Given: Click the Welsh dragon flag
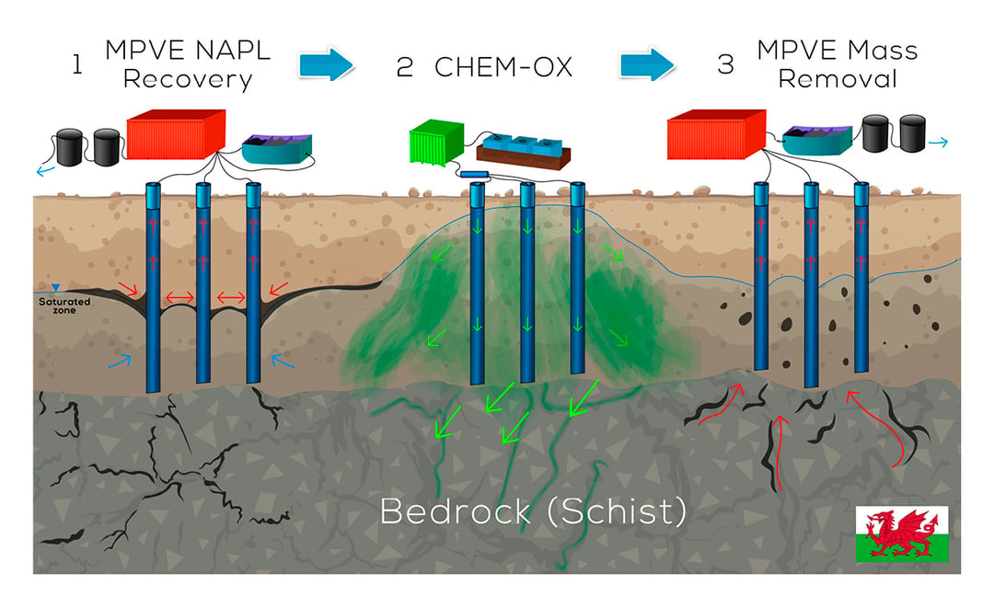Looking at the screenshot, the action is pyautogui.click(x=901, y=533).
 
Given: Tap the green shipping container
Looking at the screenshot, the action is pyautogui.click(x=437, y=142).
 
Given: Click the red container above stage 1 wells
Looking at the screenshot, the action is pyautogui.click(x=176, y=133).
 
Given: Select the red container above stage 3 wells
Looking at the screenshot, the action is pyautogui.click(x=716, y=133).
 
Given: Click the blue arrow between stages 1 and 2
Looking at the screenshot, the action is pyautogui.click(x=326, y=64).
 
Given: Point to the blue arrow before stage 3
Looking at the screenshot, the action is pyautogui.click(x=647, y=64).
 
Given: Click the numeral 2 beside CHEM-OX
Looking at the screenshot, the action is pyautogui.click(x=405, y=67).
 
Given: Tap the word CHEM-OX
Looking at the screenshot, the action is pyautogui.click(x=503, y=67).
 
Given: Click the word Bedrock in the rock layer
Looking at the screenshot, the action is pyautogui.click(x=455, y=511).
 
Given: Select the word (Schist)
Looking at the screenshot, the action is pyautogui.click(x=616, y=511).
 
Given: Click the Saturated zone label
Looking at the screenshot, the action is pyautogui.click(x=64, y=306).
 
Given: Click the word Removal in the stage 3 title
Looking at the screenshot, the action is pyautogui.click(x=838, y=79).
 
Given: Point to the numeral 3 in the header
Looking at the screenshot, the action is pyautogui.click(x=726, y=64).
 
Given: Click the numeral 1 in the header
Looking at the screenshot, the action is pyautogui.click(x=77, y=64).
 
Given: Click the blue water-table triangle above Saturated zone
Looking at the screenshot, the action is pyautogui.click(x=56, y=288).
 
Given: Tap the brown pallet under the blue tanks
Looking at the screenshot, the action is pyautogui.click(x=524, y=157).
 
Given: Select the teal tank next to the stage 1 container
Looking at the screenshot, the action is pyautogui.click(x=277, y=149).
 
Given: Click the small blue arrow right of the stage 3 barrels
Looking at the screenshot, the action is pyautogui.click(x=938, y=143).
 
